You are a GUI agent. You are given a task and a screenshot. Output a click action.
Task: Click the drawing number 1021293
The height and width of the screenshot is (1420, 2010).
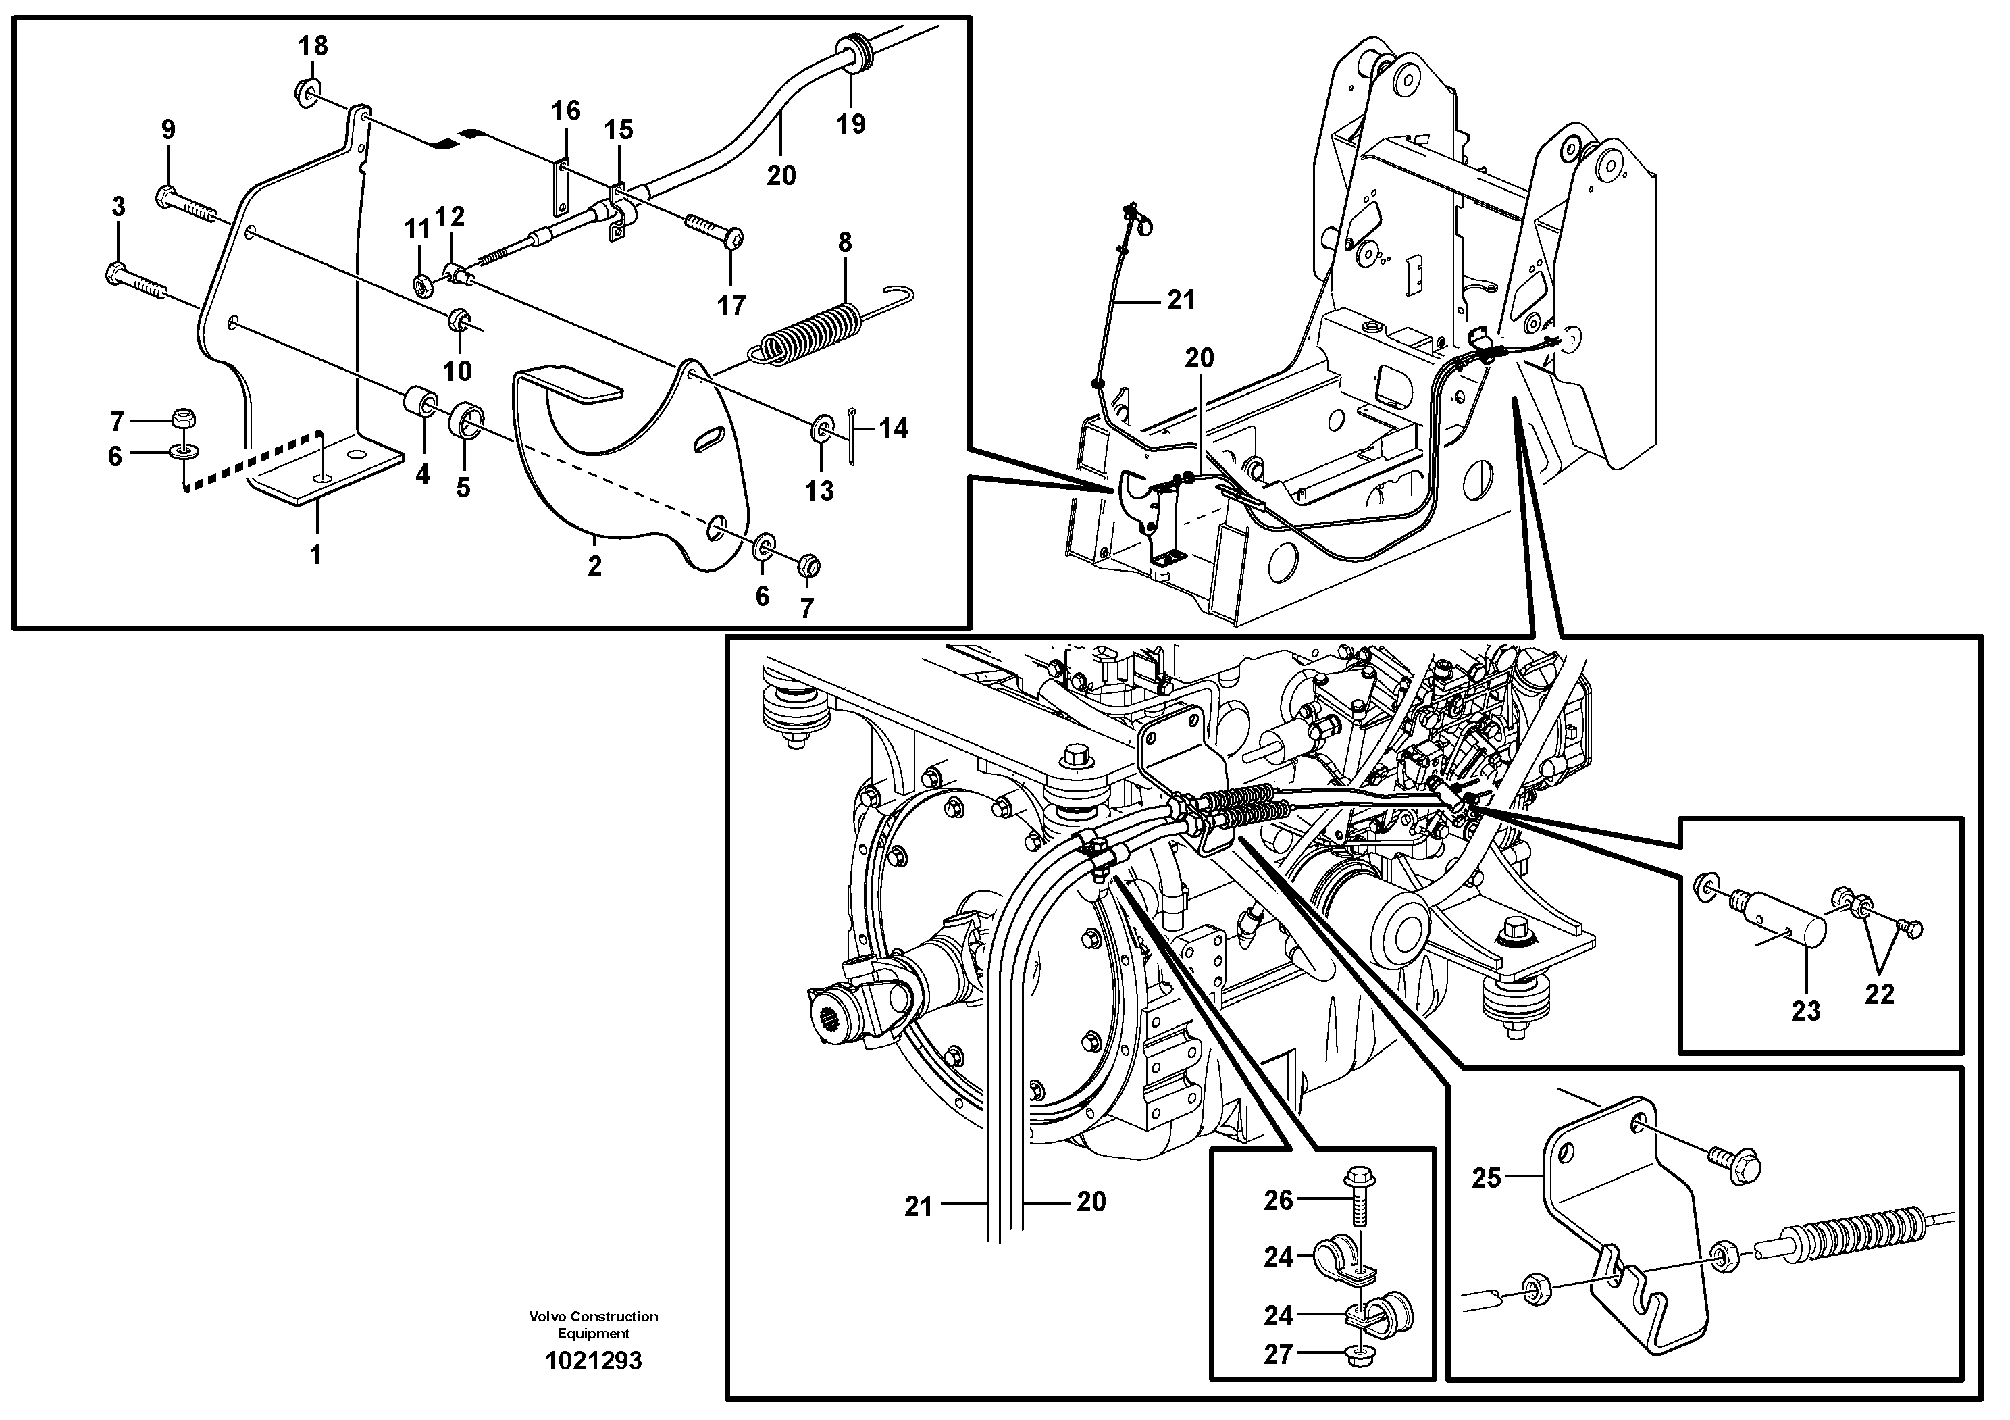coord(593,1361)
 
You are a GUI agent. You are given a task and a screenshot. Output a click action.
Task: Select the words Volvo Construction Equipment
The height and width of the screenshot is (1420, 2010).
coord(593,1325)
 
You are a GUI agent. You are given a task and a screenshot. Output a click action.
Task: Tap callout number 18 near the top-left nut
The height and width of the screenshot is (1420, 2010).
coord(313,45)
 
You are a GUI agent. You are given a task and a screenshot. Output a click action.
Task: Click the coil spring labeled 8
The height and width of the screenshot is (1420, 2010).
coord(810,332)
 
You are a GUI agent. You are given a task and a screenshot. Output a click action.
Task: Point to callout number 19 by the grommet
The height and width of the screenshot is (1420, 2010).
coord(850,124)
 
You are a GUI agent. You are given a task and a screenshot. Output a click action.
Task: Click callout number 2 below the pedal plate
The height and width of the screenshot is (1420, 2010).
coord(594,566)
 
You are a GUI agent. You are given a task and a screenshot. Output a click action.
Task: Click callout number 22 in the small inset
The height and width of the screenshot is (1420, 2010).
coord(1879,994)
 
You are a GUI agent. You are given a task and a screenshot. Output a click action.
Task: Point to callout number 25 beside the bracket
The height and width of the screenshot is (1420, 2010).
coord(1486,1178)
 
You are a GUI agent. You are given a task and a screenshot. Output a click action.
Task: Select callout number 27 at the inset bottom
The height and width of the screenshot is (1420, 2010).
coord(1278,1354)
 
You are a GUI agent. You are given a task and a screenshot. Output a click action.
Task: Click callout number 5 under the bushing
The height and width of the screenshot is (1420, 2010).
coord(463,487)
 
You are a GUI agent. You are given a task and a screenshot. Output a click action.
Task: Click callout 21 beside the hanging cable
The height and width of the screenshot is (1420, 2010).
coord(1180,301)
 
